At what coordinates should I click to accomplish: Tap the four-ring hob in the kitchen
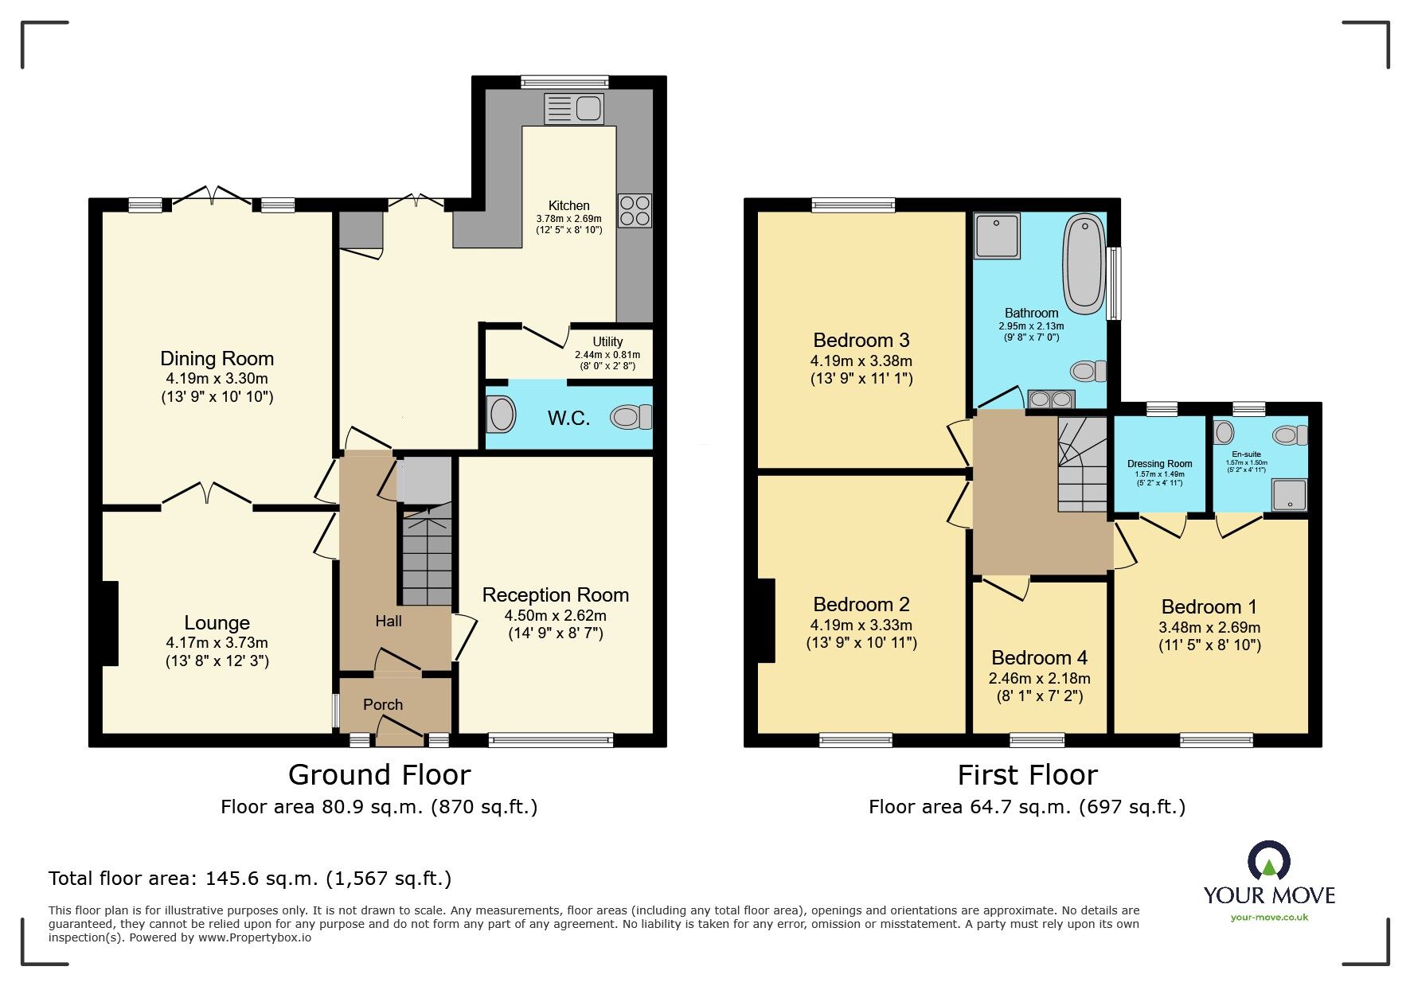[634, 210]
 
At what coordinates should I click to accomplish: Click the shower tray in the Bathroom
[997, 236]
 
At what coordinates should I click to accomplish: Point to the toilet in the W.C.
[631, 417]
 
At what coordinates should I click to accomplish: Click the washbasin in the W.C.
[502, 415]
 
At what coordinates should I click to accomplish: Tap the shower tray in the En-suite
[1288, 494]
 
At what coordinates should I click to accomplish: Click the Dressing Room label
[1159, 464]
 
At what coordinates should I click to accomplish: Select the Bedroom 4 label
[1039, 658]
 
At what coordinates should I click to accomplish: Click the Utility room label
[607, 341]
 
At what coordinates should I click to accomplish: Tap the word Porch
[383, 704]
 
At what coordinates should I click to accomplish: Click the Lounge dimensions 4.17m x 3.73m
[217, 642]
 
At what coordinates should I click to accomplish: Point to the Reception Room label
[555, 595]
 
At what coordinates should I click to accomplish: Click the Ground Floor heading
[379, 774]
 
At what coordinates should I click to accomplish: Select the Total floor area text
[250, 879]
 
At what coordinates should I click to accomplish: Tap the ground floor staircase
[428, 557]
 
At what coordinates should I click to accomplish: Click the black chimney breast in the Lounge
[110, 623]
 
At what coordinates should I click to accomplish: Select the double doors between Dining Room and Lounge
[207, 495]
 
